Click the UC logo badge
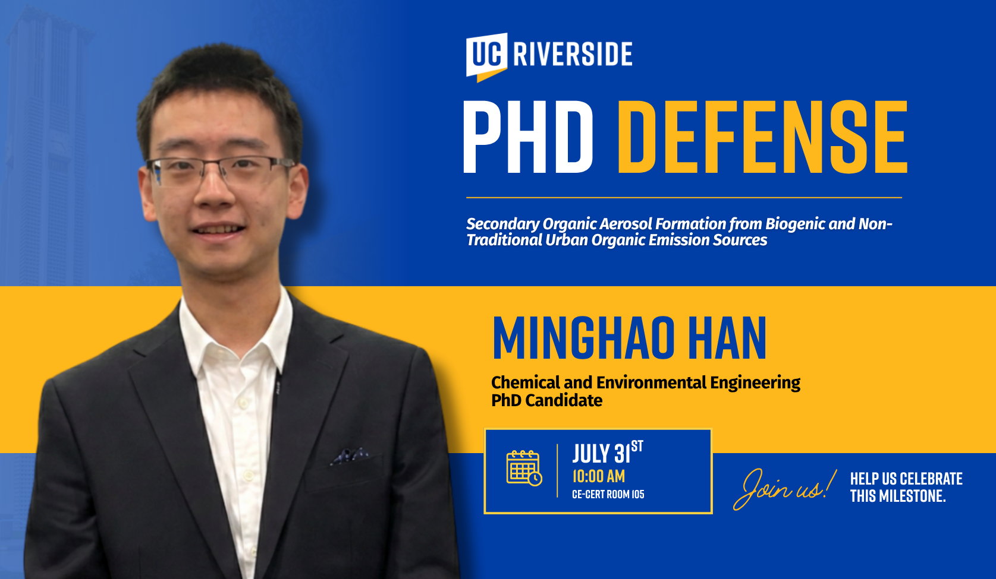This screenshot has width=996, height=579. coord(486,57)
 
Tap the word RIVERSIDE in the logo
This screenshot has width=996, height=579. coord(573,54)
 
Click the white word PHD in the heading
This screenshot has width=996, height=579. coord(528,137)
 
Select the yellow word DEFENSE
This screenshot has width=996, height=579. coord(762,137)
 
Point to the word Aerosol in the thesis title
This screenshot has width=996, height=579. coord(627,224)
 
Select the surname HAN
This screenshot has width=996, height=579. coord(727,338)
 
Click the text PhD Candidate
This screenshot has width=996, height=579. coord(547,400)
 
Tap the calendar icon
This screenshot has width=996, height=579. coord(524,468)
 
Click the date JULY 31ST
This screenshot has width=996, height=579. coord(607,452)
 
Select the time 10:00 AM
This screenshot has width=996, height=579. coord(598,476)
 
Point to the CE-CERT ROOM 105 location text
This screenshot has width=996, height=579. coord(608,495)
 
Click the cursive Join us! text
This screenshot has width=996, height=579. coord(785,489)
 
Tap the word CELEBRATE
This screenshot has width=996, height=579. coord(931,479)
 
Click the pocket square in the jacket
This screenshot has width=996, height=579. coord(350,456)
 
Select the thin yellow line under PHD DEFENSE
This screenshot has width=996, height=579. coord(684,198)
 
